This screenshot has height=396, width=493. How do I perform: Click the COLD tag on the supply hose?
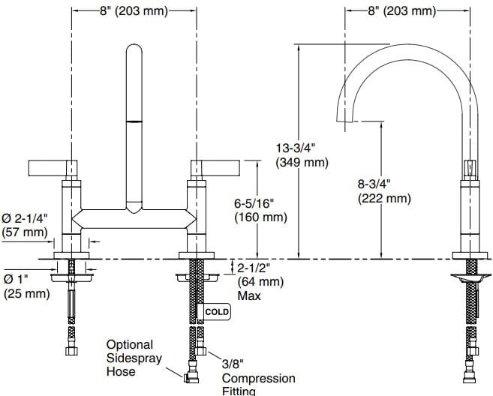217,311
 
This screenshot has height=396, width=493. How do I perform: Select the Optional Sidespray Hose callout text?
130,358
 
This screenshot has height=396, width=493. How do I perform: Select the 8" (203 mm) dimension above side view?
401,10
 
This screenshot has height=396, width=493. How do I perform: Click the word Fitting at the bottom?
239,391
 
